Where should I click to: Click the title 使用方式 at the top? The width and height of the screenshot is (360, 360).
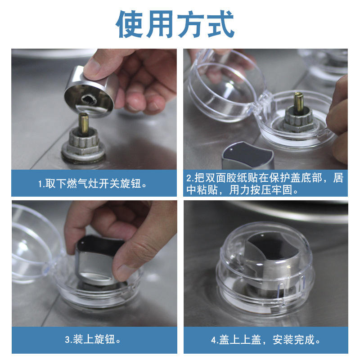(175, 24)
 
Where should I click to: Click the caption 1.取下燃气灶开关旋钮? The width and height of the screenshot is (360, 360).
(93, 184)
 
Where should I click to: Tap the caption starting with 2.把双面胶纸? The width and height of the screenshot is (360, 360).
(265, 184)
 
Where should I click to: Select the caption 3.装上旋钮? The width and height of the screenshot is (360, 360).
(93, 339)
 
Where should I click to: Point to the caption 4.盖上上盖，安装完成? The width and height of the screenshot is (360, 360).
(265, 340)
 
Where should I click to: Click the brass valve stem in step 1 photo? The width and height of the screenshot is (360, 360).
(83, 123)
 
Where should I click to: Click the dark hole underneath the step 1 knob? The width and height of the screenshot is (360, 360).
(89, 99)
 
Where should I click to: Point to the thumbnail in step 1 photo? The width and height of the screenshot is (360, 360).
(92, 67)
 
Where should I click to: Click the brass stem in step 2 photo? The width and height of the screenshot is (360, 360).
(299, 103)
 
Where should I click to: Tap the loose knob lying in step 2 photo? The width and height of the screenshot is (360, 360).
(248, 155)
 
